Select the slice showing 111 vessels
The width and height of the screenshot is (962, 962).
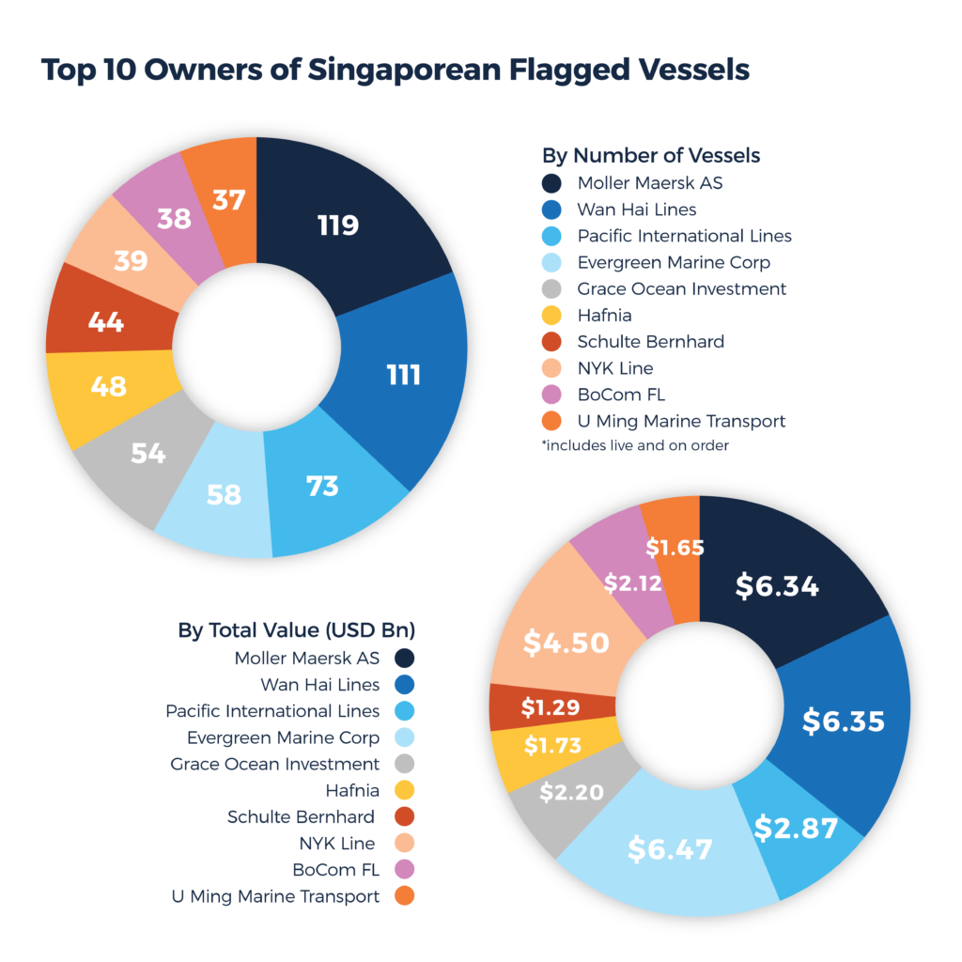[404, 376]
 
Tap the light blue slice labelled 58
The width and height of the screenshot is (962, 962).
[224, 495]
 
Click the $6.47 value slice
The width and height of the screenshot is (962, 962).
[670, 848]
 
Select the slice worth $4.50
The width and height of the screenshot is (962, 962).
[566, 643]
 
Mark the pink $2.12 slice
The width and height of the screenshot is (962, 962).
[632, 583]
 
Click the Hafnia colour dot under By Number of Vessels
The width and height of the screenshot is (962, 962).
[552, 316]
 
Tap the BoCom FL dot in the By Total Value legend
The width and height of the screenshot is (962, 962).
[405, 870]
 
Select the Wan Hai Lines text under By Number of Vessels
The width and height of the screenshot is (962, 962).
[636, 209]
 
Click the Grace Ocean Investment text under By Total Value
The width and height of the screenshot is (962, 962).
[274, 764]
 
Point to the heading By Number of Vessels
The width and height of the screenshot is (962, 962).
[651, 155]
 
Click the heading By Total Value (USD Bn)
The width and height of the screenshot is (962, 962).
[297, 629]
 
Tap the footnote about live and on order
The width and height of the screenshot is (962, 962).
[635, 445]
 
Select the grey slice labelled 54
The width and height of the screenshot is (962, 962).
[148, 454]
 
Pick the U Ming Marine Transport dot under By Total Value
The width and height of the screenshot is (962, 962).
[405, 896]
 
